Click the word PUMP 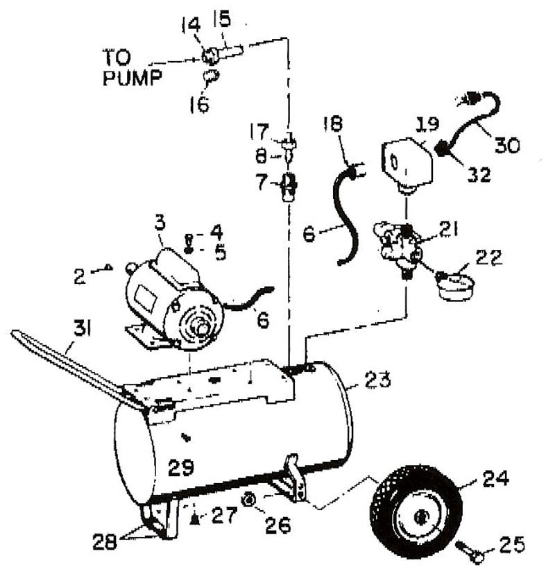coord(133,78)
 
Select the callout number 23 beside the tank coord(377,379)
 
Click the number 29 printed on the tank coord(181,467)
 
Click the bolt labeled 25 coord(469,552)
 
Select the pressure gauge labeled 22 coord(455,285)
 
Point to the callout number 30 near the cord coord(507,144)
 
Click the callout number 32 coord(479,174)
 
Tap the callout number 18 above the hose coord(333,124)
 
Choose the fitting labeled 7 coord(289,187)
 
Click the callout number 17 coord(259,132)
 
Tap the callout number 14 coord(191,24)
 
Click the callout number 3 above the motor coord(160,223)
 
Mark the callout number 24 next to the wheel coord(495,478)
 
